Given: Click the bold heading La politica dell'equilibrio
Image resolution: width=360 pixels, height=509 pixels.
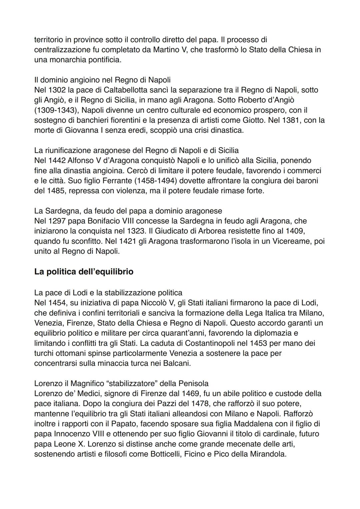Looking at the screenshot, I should (x=84, y=272).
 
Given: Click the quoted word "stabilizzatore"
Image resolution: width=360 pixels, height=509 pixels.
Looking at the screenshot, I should (x=138, y=383).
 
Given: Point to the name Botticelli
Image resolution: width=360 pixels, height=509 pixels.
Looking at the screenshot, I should (x=165, y=454).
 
